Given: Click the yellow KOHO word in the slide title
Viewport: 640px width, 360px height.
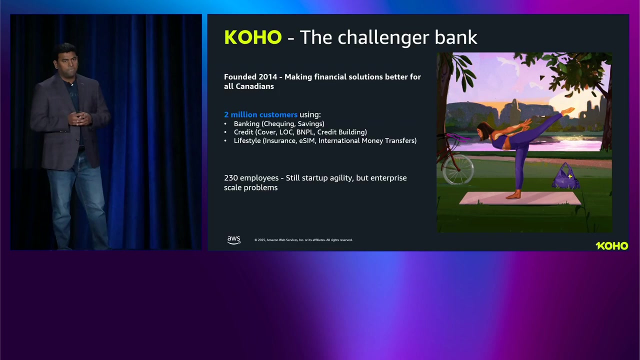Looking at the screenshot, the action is click(x=253, y=37).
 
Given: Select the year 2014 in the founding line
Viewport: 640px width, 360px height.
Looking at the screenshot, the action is click(x=267, y=77).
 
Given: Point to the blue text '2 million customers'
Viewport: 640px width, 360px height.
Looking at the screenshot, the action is click(x=260, y=114).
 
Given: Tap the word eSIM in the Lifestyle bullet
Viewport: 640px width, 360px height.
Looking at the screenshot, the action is click(x=307, y=140).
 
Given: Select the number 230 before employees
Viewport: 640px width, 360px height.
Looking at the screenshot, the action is click(x=231, y=177).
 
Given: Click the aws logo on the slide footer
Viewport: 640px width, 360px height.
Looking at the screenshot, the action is click(x=233, y=240).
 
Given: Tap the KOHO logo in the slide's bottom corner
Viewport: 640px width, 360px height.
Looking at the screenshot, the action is click(x=612, y=245).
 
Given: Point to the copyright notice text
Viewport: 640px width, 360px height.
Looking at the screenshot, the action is click(x=303, y=240).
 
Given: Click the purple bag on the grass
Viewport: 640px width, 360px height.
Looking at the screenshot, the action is click(x=565, y=176).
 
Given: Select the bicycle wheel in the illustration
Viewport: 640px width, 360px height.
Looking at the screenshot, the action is click(x=458, y=169).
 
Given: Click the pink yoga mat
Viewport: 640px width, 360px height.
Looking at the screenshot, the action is click(x=520, y=198).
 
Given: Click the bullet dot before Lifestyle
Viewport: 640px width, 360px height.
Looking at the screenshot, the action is click(x=225, y=140).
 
